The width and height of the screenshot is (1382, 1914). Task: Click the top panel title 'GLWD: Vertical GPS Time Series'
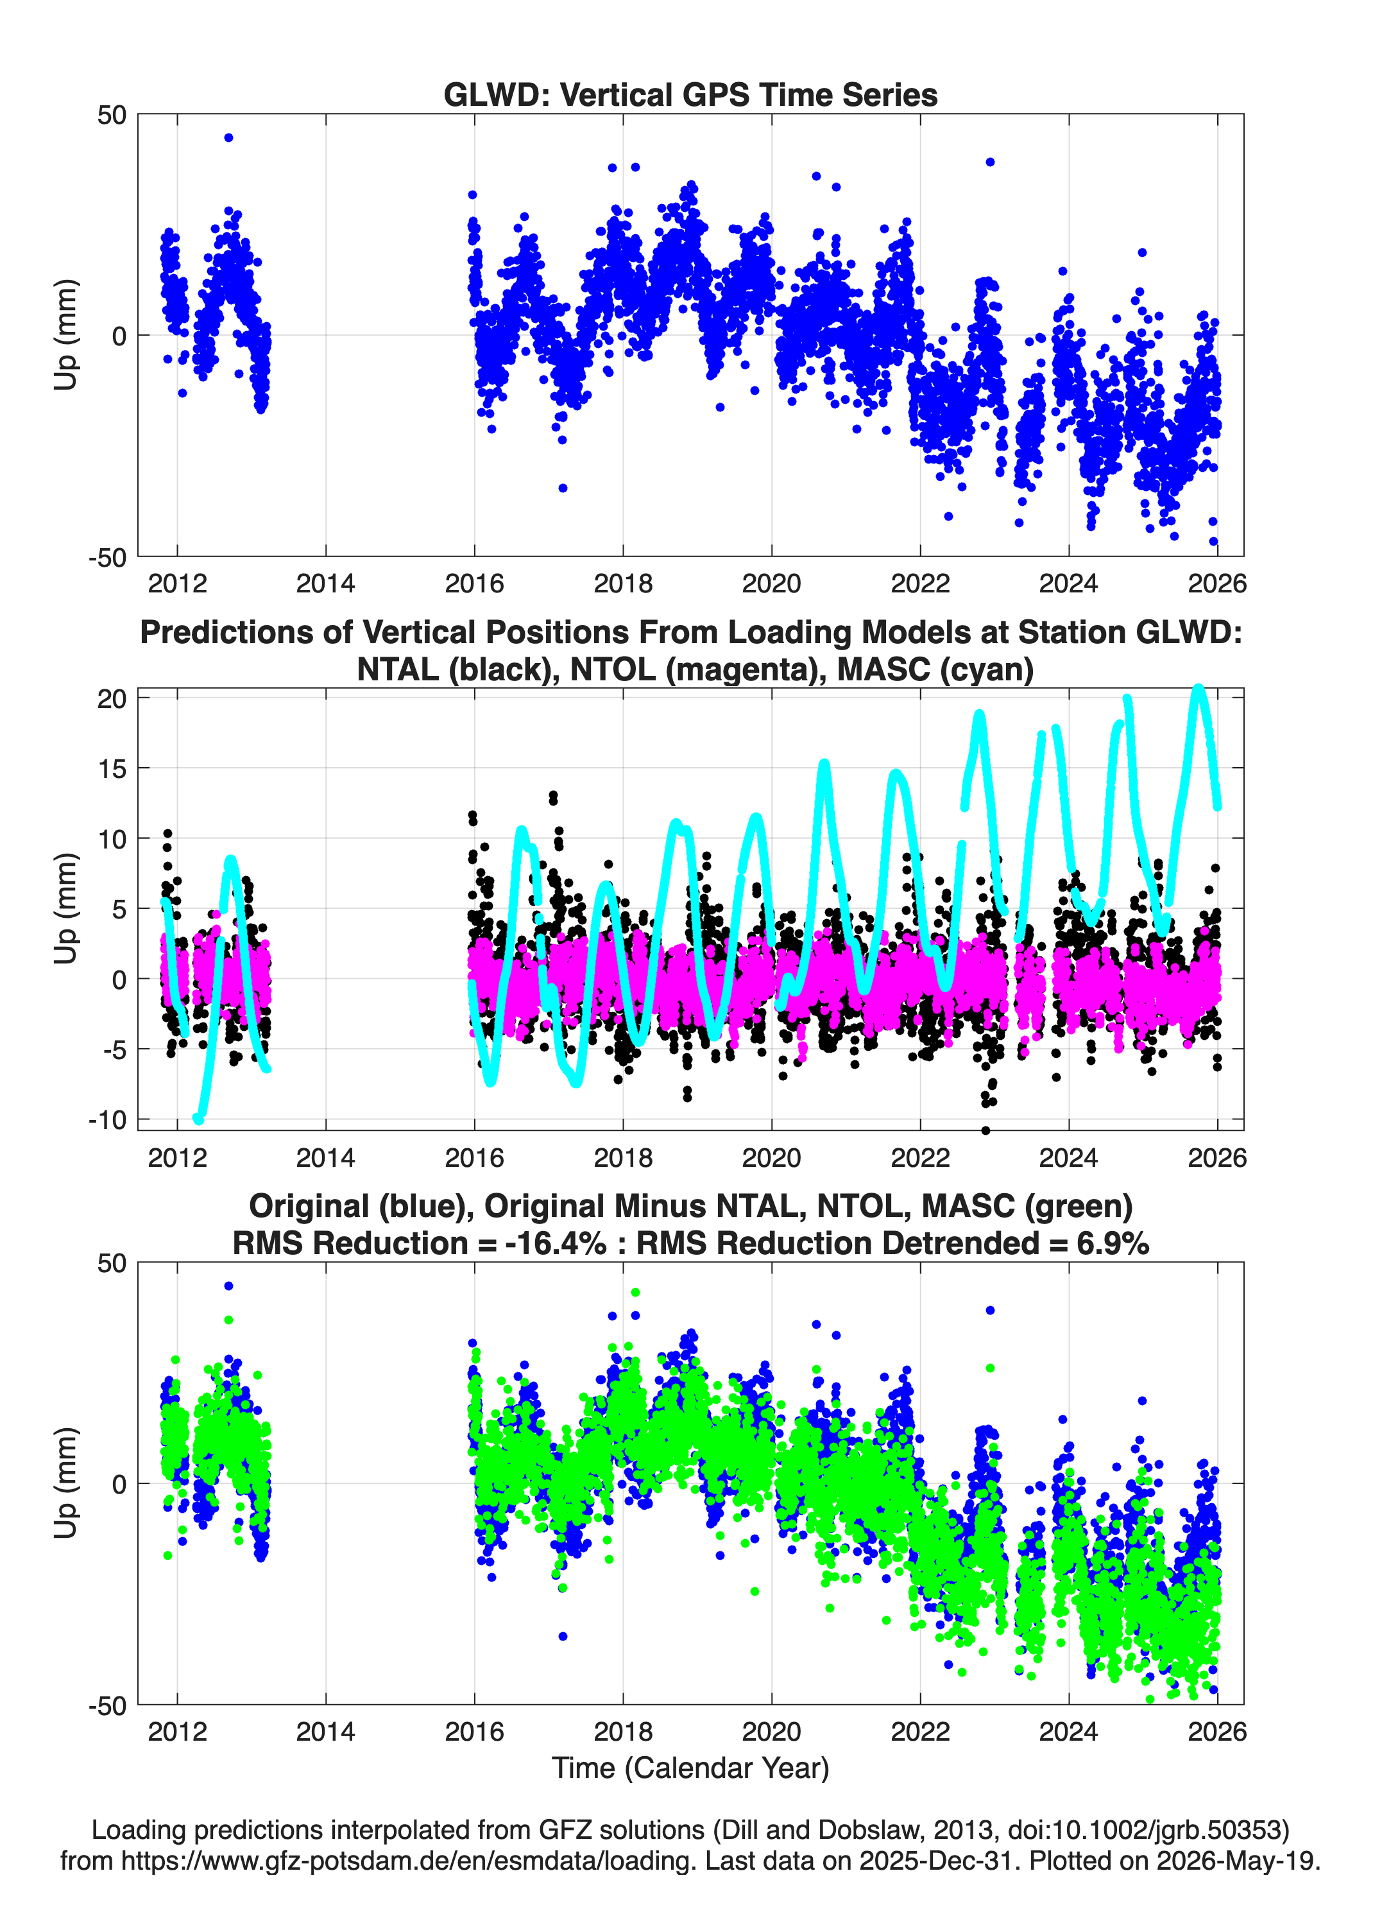point(690,94)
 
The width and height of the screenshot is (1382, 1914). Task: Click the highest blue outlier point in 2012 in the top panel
point(228,137)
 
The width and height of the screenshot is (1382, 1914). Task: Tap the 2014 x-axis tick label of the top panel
point(326,583)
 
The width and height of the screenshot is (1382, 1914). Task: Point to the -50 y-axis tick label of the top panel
point(107,558)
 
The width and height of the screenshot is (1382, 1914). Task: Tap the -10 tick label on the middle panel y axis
point(107,1120)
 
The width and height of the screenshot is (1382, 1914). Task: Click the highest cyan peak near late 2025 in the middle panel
point(1198,689)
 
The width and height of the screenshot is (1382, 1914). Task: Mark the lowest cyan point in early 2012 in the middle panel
point(199,1119)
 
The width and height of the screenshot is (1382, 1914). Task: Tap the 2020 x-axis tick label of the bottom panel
point(771,1732)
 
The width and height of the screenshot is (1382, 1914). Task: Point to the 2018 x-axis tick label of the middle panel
point(622,1157)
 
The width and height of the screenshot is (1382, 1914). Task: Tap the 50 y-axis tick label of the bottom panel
point(112,1263)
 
